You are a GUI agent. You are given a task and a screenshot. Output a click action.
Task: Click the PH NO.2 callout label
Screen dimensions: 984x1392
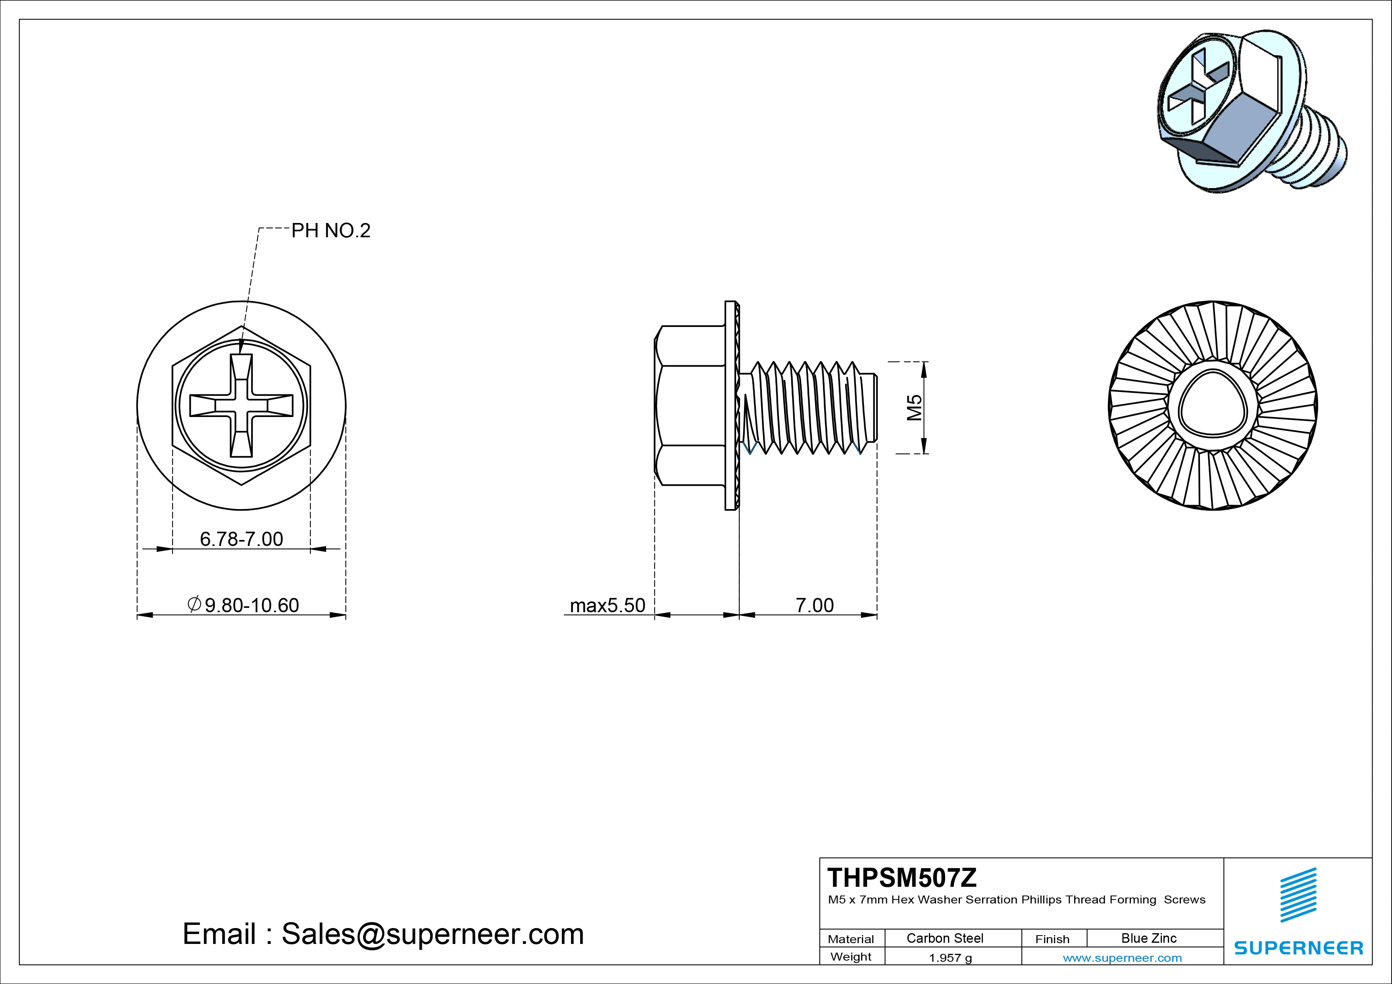tap(331, 231)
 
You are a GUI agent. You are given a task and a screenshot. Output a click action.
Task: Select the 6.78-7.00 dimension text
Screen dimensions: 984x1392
tap(241, 539)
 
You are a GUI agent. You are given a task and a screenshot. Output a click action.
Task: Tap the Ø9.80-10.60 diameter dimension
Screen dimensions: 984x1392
tap(245, 605)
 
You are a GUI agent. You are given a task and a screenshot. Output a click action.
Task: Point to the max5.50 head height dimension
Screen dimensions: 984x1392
tap(608, 605)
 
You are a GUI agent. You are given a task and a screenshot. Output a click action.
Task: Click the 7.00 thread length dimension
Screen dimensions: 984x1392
tap(814, 605)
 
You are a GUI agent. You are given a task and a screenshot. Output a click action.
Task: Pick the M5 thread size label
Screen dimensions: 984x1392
tap(914, 407)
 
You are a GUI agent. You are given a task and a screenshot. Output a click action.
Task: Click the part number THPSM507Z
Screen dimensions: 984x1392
tap(902, 878)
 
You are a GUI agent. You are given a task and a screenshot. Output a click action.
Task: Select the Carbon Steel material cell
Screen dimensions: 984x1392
tap(944, 938)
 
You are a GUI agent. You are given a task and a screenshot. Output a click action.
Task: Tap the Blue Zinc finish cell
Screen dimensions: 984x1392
tap(1148, 938)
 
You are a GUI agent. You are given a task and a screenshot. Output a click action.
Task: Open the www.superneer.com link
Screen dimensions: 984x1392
tap(1122, 958)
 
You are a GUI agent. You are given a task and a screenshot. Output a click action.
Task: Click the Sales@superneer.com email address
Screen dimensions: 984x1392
tap(432, 934)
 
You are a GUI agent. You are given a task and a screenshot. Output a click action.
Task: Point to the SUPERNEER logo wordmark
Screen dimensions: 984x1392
tap(1299, 947)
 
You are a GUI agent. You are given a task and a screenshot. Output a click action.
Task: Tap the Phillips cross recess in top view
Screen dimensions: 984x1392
tap(241, 406)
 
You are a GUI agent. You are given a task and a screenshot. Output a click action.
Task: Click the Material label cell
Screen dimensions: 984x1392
tap(851, 939)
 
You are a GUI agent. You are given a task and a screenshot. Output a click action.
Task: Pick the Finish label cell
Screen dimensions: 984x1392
tap(1052, 939)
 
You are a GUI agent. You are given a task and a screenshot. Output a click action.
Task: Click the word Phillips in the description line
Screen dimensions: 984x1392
tap(1042, 900)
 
